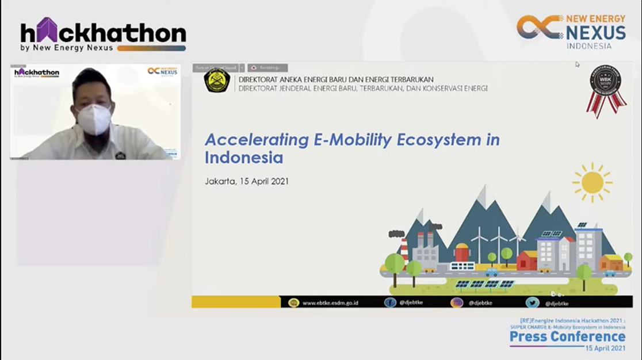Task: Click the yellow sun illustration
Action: [592, 183]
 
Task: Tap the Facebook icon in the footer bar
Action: [390, 302]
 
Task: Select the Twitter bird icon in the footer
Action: [532, 302]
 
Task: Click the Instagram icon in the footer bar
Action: [457, 302]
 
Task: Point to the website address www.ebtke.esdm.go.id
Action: [330, 302]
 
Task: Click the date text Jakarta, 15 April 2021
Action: [247, 181]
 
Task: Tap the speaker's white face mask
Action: [94, 118]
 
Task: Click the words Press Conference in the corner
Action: [567, 336]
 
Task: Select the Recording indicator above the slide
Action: [268, 68]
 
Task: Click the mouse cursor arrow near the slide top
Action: [577, 64]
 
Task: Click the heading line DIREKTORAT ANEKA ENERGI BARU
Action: [336, 79]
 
